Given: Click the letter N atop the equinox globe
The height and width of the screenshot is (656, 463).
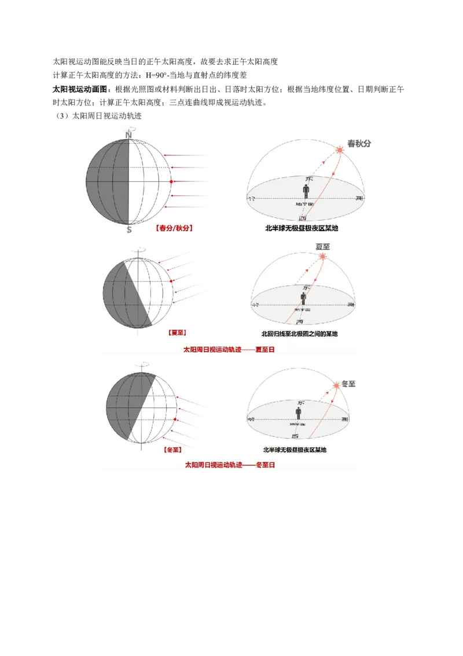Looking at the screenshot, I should (128, 135).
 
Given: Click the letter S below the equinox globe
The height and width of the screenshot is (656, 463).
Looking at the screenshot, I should (128, 230).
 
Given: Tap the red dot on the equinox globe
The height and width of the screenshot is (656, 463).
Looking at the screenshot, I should (172, 181).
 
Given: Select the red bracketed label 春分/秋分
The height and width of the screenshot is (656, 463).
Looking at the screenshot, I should (174, 228).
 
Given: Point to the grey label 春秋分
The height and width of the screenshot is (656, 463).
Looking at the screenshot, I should (359, 143).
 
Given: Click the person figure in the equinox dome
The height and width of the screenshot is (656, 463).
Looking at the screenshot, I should (305, 191).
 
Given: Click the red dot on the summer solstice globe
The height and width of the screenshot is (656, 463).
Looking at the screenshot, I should (172, 281).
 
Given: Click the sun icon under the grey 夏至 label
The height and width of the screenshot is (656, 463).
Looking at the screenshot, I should (322, 257).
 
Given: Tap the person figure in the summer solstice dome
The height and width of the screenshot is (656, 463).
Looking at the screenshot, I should (303, 298).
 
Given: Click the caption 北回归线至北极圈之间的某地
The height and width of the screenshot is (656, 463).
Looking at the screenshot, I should (300, 334).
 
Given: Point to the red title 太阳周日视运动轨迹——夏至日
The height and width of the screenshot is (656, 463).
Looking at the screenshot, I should (229, 350).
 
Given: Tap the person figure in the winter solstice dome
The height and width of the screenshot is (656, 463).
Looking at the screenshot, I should (299, 413).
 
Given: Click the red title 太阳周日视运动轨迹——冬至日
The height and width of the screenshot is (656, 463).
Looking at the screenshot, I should (229, 465).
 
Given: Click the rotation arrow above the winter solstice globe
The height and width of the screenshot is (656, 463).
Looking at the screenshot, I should (142, 366).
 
